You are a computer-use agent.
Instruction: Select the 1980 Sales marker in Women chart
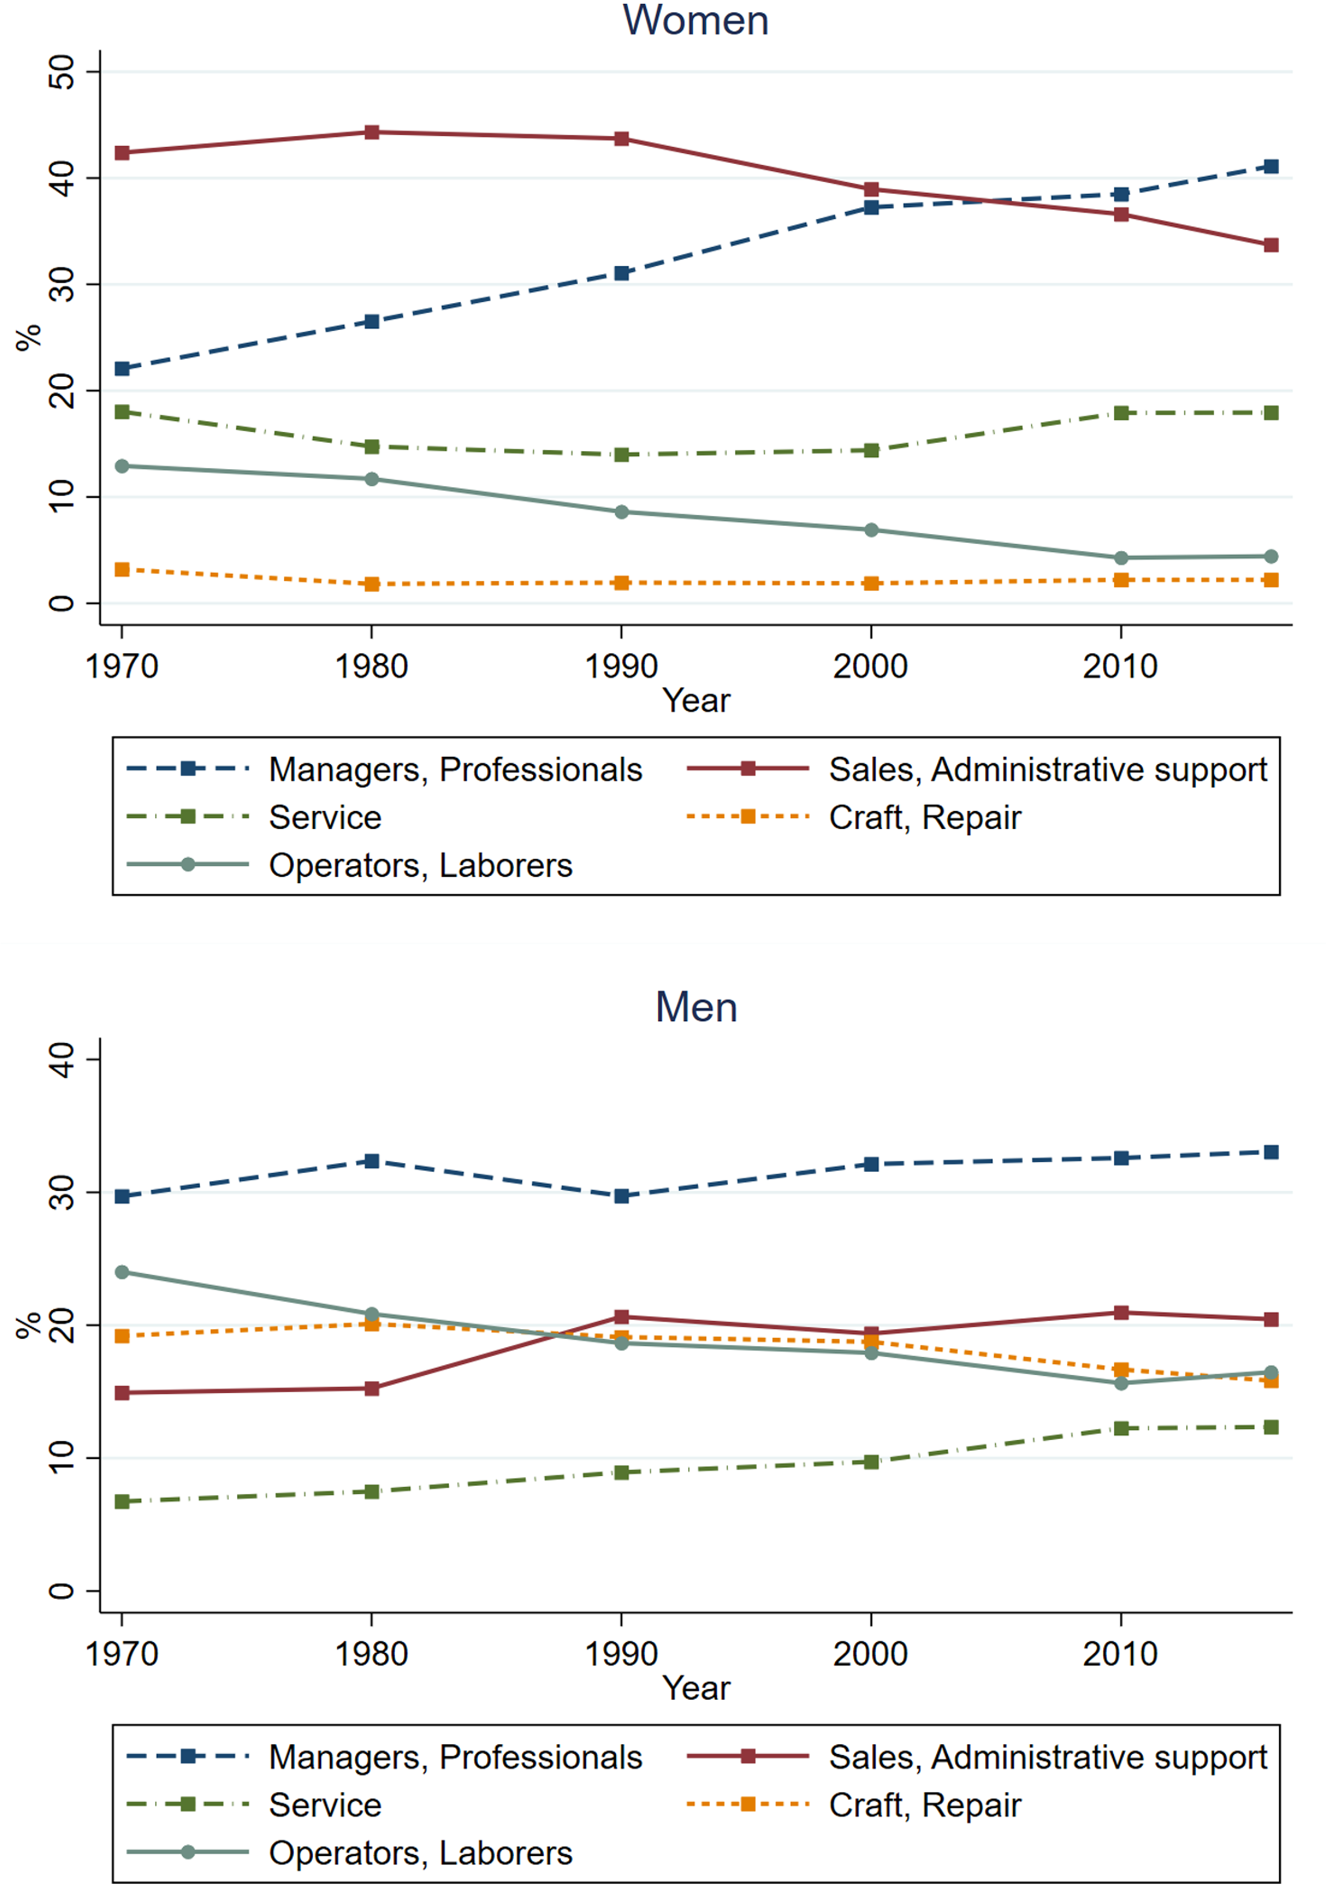372,132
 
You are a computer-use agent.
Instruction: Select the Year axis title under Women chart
696,701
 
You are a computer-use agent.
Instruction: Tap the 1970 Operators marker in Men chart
122,1273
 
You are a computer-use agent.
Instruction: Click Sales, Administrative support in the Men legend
1048,1757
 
